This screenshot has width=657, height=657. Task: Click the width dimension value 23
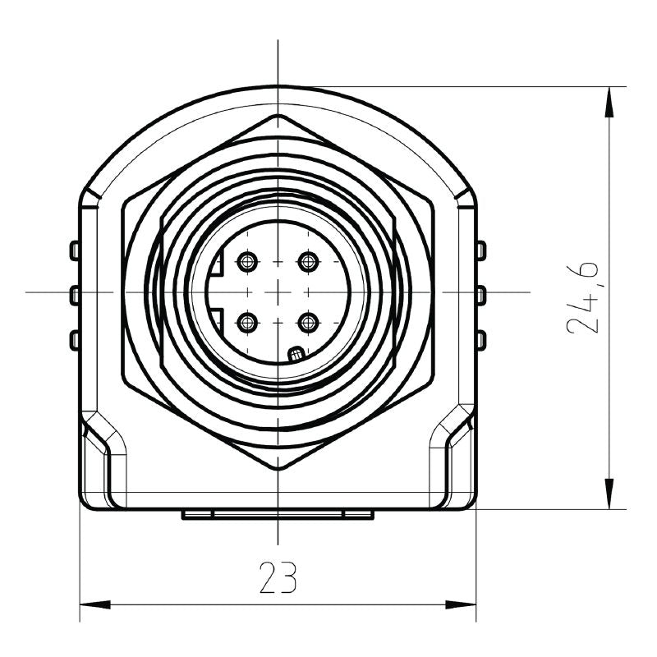click(x=278, y=578)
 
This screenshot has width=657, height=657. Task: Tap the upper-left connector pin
click(x=246, y=263)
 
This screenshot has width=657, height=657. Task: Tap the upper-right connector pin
click(x=308, y=263)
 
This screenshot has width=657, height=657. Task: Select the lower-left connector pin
click(x=246, y=322)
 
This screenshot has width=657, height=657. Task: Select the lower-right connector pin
click(x=308, y=322)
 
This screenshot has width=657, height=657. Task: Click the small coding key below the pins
click(x=296, y=354)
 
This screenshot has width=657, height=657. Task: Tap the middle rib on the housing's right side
click(x=482, y=293)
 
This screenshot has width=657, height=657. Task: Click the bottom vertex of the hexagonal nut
click(x=278, y=469)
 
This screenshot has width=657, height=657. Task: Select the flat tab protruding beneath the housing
click(x=278, y=514)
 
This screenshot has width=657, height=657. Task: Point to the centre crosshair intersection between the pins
click(x=278, y=292)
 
